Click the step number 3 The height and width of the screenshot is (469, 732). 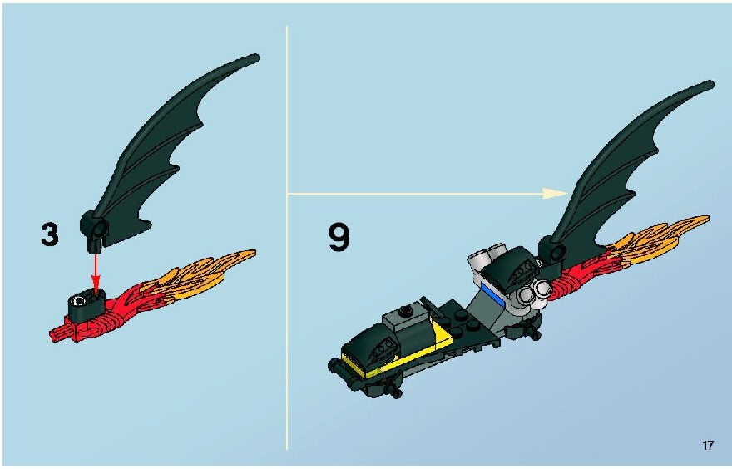(x=50, y=234)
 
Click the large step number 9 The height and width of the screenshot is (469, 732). (x=339, y=237)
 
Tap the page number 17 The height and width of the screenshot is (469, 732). (x=708, y=445)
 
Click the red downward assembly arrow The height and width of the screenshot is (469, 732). (x=96, y=274)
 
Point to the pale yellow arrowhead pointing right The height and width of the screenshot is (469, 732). (x=555, y=193)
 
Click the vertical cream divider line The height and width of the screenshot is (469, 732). (x=287, y=238)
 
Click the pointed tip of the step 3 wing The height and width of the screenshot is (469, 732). (x=256, y=56)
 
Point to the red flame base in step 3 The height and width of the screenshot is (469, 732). (x=93, y=322)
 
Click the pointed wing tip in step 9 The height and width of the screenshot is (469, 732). (x=710, y=83)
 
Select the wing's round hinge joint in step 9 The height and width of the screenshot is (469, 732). (x=555, y=253)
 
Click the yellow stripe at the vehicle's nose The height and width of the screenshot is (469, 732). (x=357, y=365)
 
